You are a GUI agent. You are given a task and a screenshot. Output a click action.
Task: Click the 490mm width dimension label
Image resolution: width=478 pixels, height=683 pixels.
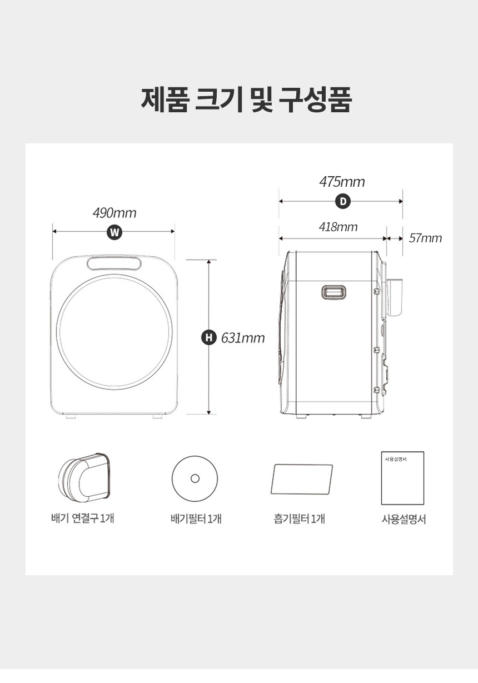coord(114,213)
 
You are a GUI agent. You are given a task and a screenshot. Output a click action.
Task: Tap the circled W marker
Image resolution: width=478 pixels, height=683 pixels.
coord(114,233)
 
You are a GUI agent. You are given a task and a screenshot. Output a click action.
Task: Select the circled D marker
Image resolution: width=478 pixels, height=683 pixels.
coord(343,202)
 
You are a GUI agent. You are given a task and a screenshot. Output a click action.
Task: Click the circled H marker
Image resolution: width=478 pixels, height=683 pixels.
coord(209,337)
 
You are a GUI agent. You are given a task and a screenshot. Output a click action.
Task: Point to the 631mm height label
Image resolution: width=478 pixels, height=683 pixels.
coord(243,338)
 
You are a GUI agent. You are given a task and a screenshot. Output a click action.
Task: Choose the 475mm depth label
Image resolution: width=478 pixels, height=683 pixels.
coord(342,182)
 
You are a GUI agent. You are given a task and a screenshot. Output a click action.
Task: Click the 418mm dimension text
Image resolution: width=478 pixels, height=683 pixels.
coord(338,227)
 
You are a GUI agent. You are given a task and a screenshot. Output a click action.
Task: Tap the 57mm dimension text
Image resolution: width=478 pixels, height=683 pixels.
coord(425,238)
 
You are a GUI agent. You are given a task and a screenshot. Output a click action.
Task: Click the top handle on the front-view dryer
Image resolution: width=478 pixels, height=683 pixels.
coord(114,263)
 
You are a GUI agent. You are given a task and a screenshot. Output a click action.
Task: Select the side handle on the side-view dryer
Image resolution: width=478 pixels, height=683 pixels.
coord(333,292)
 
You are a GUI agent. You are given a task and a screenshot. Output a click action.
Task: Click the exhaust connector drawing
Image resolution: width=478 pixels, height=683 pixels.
coord(83,478)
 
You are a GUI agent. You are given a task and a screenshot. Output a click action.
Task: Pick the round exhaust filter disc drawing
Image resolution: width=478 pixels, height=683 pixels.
coord(195,478)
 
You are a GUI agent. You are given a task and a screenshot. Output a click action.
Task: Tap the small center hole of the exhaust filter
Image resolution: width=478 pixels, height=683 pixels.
coord(195,478)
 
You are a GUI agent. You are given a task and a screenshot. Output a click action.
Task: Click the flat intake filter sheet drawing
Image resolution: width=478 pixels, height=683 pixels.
coord(302,479)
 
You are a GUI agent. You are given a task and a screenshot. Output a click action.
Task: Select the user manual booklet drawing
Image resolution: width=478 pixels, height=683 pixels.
coord(402,478)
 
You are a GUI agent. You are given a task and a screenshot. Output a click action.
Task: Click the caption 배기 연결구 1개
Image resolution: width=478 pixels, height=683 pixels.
coord(83,518)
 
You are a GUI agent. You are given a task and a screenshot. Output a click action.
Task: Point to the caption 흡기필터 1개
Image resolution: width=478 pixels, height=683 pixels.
coord(299,519)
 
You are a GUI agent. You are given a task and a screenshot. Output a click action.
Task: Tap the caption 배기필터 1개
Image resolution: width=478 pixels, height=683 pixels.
coord(196,519)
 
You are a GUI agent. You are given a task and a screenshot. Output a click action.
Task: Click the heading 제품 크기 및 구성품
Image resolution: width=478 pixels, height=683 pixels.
coord(246,99)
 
